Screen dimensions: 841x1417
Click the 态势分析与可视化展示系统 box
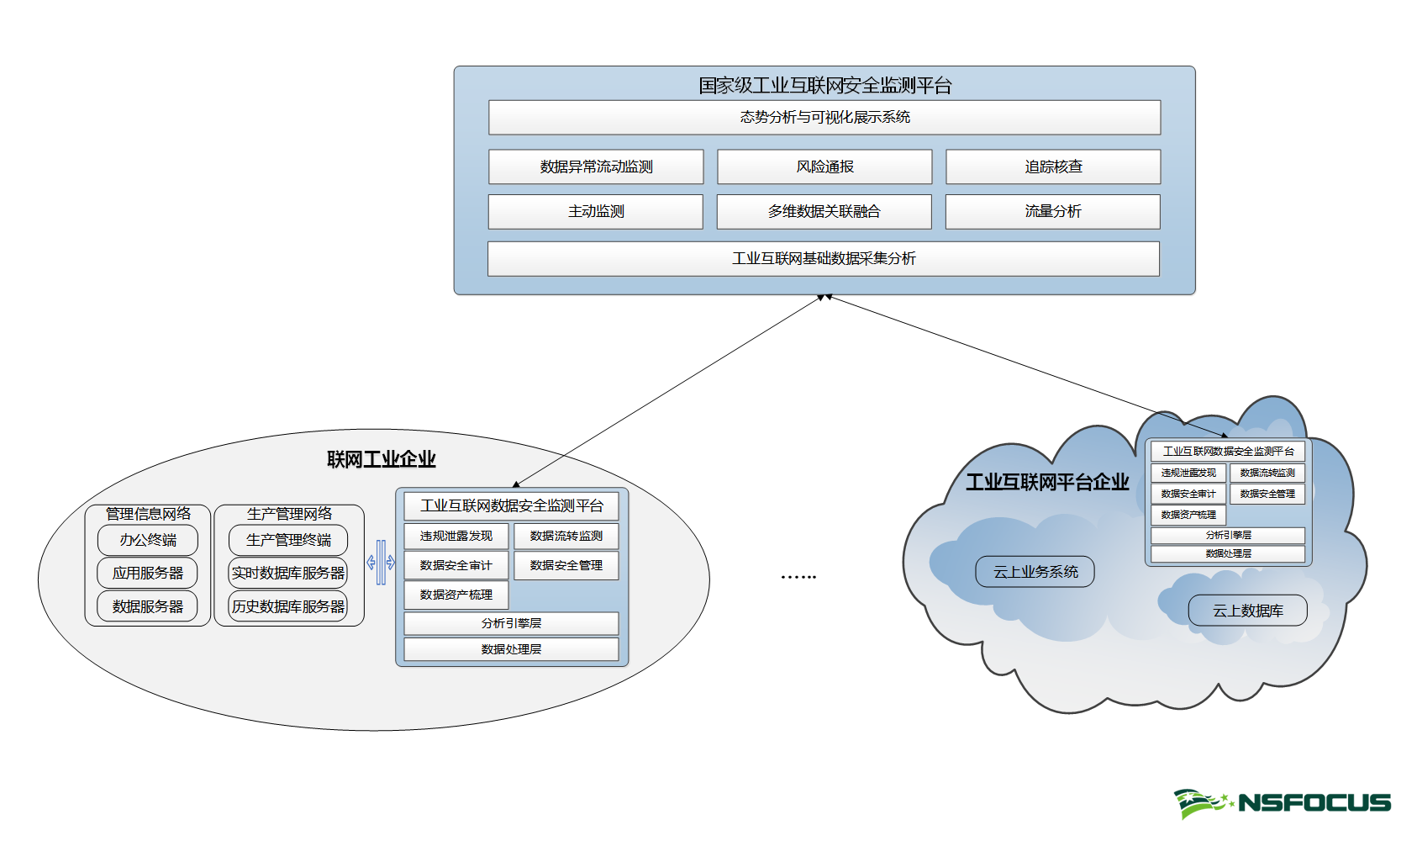(824, 118)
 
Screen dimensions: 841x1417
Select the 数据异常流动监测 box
(596, 167)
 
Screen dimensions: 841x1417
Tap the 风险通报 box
(824, 167)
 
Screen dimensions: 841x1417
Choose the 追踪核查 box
(1053, 167)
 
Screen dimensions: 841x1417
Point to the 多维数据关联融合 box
(824, 212)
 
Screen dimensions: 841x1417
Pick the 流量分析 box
(1052, 212)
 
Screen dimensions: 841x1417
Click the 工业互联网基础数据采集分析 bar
(824, 259)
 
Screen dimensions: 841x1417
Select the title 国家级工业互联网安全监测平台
(824, 85)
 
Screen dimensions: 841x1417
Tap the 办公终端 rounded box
(148, 540)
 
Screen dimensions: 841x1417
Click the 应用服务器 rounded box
(148, 573)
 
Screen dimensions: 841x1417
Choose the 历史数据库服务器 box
(288, 606)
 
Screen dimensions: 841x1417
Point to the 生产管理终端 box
(288, 540)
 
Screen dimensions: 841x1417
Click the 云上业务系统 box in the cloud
(1035, 572)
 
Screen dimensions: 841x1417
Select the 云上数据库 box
(1247, 611)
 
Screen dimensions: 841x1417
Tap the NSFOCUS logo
(1283, 803)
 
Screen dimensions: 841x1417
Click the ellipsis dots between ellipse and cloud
(798, 577)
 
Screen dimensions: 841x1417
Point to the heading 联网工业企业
(381, 459)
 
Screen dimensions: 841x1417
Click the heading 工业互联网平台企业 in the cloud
(1047, 482)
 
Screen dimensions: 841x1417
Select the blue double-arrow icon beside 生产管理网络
(381, 563)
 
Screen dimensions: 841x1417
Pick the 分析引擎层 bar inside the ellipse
(511, 623)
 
